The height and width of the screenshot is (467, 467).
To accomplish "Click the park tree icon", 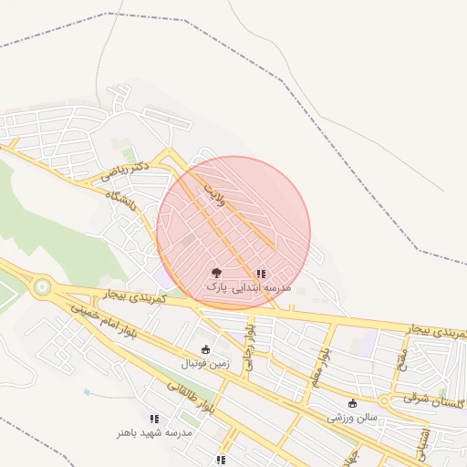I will coord(216,272).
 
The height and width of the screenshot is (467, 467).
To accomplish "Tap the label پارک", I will coord(215,286).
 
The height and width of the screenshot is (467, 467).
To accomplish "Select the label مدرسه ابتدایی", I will coord(260,286).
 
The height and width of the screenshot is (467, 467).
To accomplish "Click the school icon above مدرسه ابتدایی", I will coord(261,273).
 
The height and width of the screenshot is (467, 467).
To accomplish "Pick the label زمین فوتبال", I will coord(205,363).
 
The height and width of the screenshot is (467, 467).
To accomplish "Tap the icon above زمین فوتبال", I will coord(205,349).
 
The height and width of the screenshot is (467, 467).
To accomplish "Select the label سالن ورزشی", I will coord(353,418).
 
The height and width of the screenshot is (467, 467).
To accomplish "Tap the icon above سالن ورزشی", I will coord(353,403).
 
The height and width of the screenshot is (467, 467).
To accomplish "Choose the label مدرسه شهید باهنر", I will coord(153,431).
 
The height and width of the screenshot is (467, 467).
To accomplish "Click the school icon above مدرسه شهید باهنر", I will coord(153,418).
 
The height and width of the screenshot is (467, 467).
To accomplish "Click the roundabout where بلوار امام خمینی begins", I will coord(41,286).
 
